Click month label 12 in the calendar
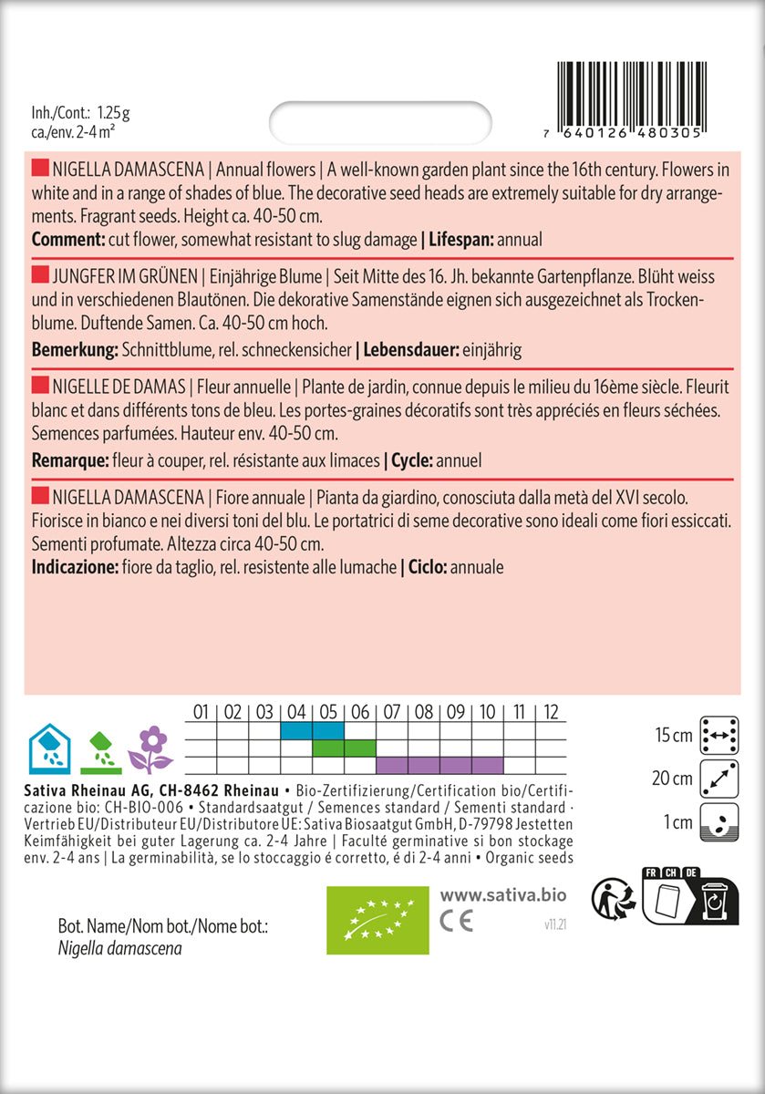click(x=551, y=712)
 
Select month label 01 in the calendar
click(x=202, y=712)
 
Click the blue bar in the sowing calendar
click(x=312, y=730)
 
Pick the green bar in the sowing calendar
click(x=344, y=748)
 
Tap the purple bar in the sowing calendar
click(x=439, y=764)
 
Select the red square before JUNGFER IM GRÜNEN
click(x=39, y=276)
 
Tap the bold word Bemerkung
click(x=74, y=350)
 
